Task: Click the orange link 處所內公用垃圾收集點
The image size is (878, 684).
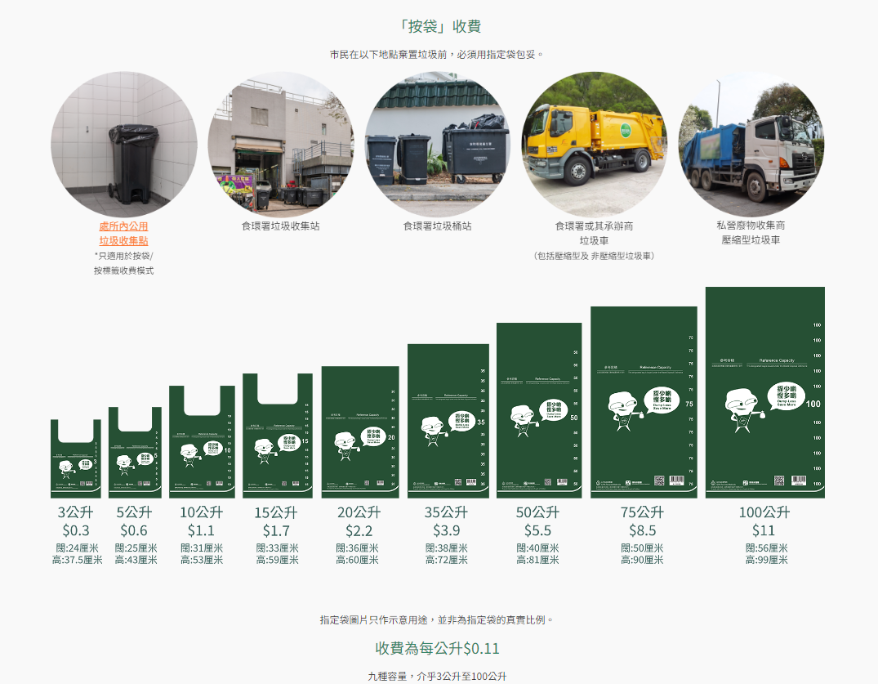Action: (123, 233)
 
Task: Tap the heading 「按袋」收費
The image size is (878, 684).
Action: (439, 26)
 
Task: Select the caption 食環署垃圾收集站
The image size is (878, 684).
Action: (280, 226)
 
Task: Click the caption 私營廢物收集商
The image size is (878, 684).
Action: (751, 225)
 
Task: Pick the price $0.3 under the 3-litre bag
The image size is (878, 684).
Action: (76, 530)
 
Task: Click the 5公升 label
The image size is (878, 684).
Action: (134, 512)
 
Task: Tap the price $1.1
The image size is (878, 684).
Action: (201, 530)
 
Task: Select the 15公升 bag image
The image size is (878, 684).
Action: (277, 436)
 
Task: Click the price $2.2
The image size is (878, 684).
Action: (359, 530)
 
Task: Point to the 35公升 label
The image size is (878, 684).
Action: (446, 512)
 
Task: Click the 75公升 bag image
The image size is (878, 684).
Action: (644, 402)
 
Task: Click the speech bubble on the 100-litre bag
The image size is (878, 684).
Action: (786, 397)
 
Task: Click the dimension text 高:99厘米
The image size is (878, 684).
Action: (766, 560)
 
